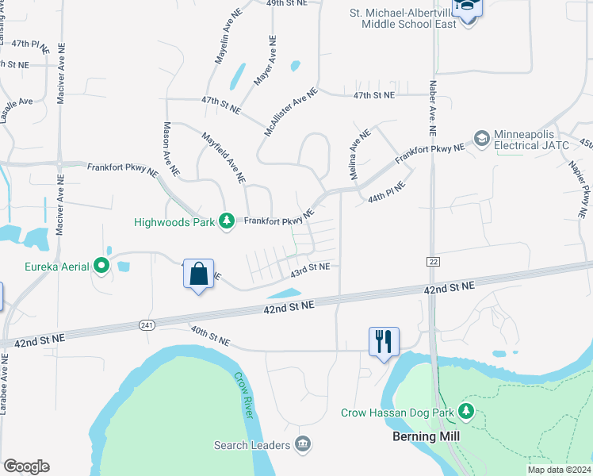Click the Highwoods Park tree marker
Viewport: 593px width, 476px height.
[227, 221]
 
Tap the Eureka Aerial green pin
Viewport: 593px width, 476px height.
[101, 266]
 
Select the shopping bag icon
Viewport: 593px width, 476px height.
[198, 274]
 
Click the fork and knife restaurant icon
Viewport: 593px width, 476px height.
[384, 342]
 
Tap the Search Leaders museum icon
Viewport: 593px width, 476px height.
[301, 443]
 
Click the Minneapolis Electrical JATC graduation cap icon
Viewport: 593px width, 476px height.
[480, 140]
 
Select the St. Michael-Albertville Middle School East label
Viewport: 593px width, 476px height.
[409, 18]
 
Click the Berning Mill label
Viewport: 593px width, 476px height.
[427, 436]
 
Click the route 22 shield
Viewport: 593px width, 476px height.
[433, 261]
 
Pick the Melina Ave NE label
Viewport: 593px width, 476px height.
[356, 154]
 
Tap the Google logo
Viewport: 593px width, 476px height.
[26, 466]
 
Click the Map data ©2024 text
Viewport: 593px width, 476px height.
[558, 470]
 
